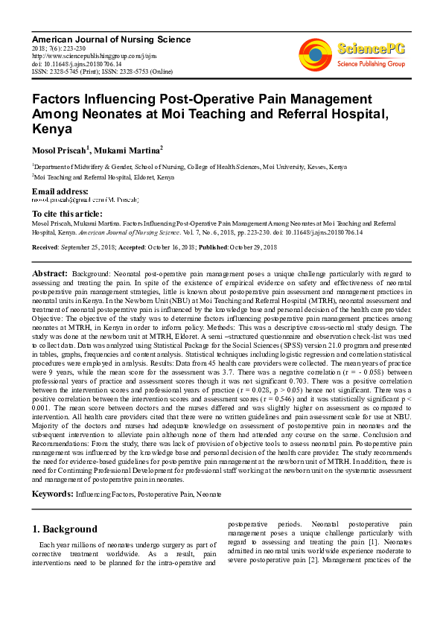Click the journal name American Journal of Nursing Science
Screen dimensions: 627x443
pos(111,39)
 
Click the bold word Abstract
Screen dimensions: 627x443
pos(49,275)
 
